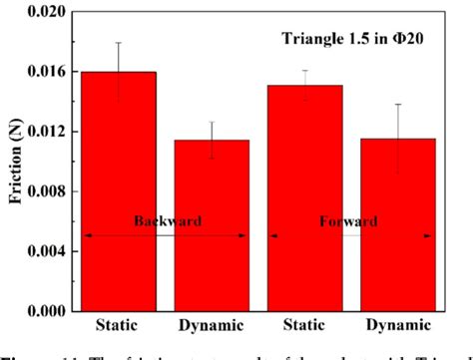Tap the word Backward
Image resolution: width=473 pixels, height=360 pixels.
click(x=164, y=221)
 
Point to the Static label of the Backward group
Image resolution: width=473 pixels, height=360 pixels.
click(x=119, y=327)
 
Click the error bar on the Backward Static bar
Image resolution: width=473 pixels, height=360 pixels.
click(x=119, y=71)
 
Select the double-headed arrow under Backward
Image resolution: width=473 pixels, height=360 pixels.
click(x=164, y=235)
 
